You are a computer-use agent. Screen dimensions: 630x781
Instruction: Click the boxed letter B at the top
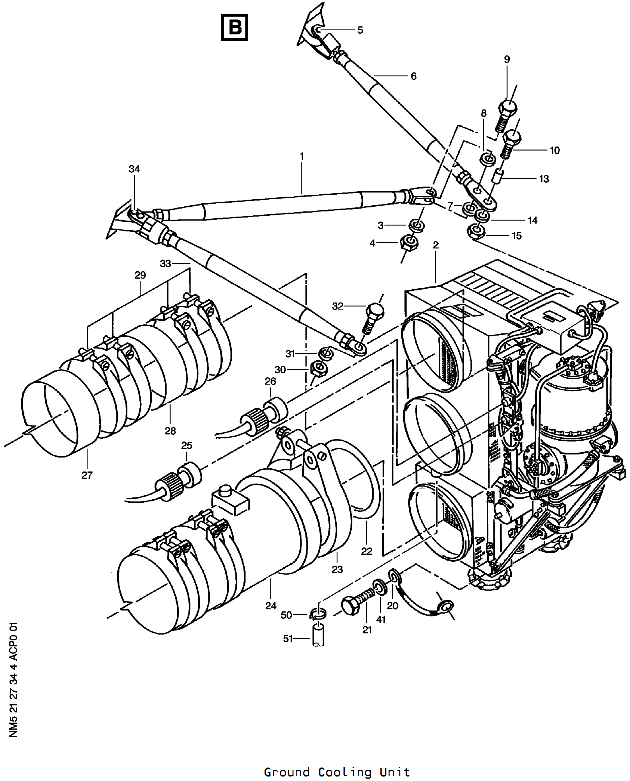click(234, 27)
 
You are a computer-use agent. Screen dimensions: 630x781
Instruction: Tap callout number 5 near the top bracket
click(360, 30)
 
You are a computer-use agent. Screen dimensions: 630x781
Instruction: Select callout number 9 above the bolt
click(507, 59)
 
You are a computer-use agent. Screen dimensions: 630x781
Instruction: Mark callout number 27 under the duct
click(87, 475)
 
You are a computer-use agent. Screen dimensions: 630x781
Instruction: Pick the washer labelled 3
click(416, 226)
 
